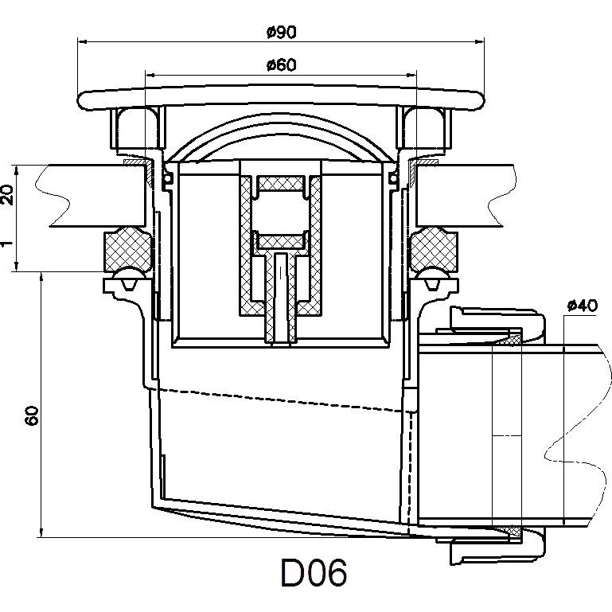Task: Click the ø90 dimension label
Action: pos(283,32)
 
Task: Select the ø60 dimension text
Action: pos(282,65)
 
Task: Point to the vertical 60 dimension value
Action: pos(30,415)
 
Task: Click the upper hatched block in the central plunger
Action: pos(282,184)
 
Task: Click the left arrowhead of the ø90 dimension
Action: pos(82,41)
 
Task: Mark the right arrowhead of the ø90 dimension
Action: pos(481,41)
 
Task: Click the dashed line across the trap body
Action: pos(279,400)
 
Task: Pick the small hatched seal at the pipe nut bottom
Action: pos(509,530)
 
